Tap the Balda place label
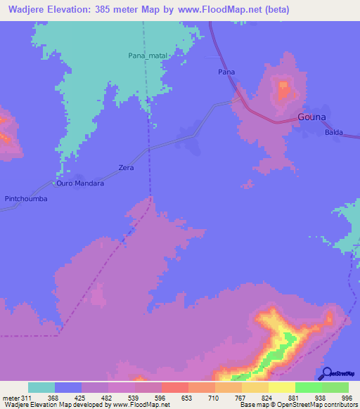334,132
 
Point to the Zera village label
126,168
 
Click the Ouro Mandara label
80,183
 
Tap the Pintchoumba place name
26,199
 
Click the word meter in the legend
11,398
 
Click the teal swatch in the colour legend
41,387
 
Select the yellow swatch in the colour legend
282,387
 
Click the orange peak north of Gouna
283,89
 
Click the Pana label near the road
226,72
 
